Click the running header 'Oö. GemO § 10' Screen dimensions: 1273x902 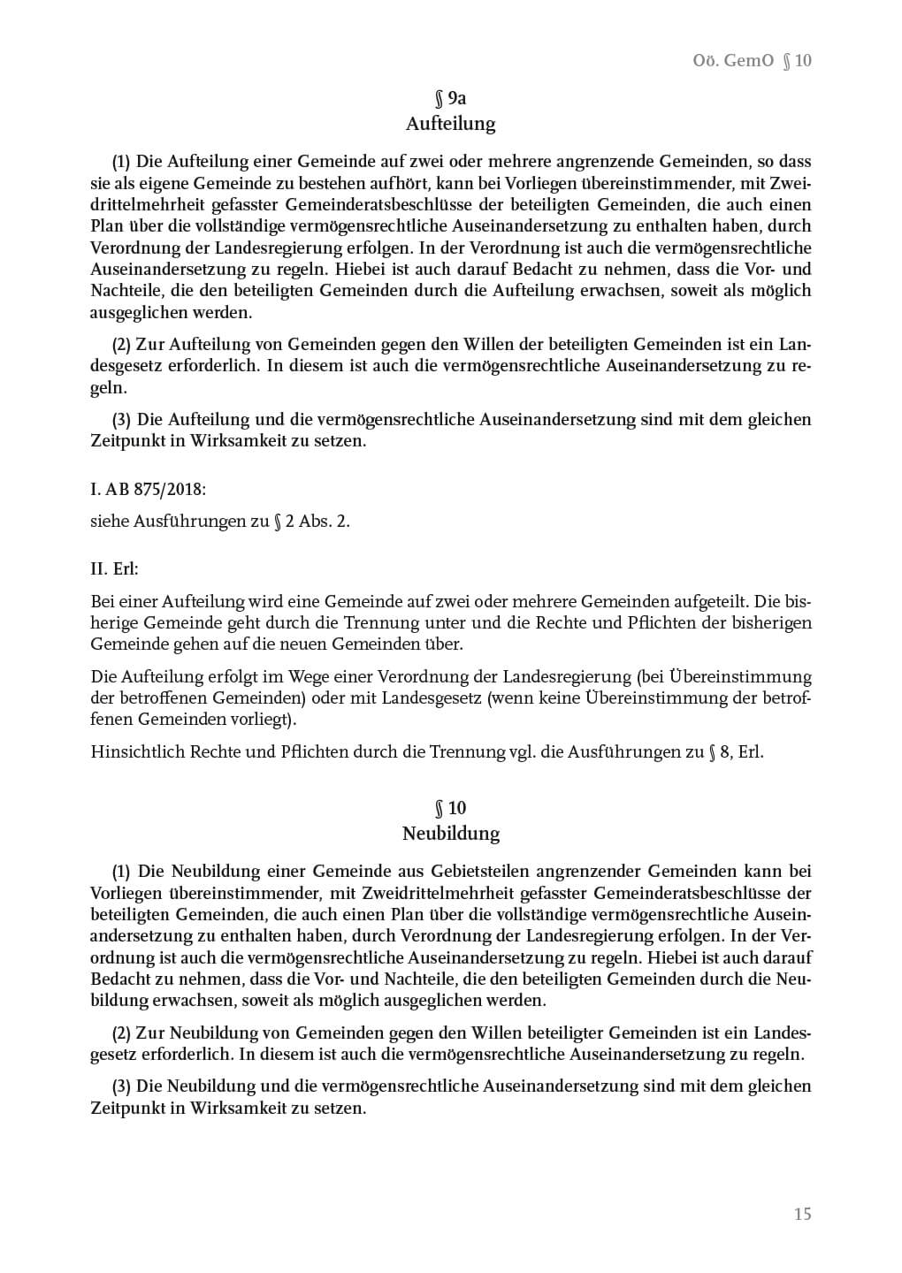pyautogui.click(x=752, y=60)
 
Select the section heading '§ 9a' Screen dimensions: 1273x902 pyautogui.click(x=450, y=98)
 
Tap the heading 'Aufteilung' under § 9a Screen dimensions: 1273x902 pyautogui.click(x=450, y=124)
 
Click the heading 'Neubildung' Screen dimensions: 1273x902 pyautogui.click(x=450, y=834)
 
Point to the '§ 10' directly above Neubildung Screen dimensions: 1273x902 pyautogui.click(x=450, y=808)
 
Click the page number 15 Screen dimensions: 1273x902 pyautogui.click(x=802, y=1214)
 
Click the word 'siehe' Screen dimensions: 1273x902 pyautogui.click(x=110, y=521)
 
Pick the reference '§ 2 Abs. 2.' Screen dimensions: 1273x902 pyautogui.click(x=311, y=521)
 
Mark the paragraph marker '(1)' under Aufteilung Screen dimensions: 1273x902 pyautogui.click(x=121, y=162)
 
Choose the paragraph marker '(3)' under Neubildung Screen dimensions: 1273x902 pyautogui.click(x=121, y=1086)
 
